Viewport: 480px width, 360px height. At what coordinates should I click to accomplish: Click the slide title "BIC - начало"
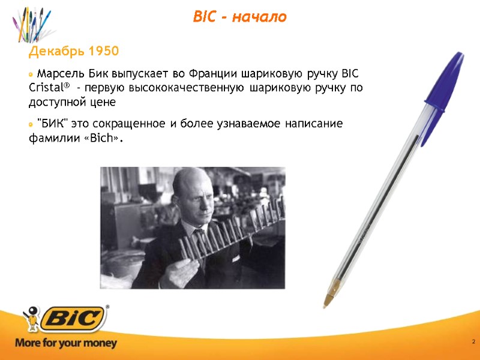point(239,17)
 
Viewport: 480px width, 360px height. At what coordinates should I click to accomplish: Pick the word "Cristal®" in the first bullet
point(49,88)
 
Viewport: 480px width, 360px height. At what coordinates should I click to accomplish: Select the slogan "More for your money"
point(66,344)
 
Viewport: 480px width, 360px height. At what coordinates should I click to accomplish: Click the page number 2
point(473,342)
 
